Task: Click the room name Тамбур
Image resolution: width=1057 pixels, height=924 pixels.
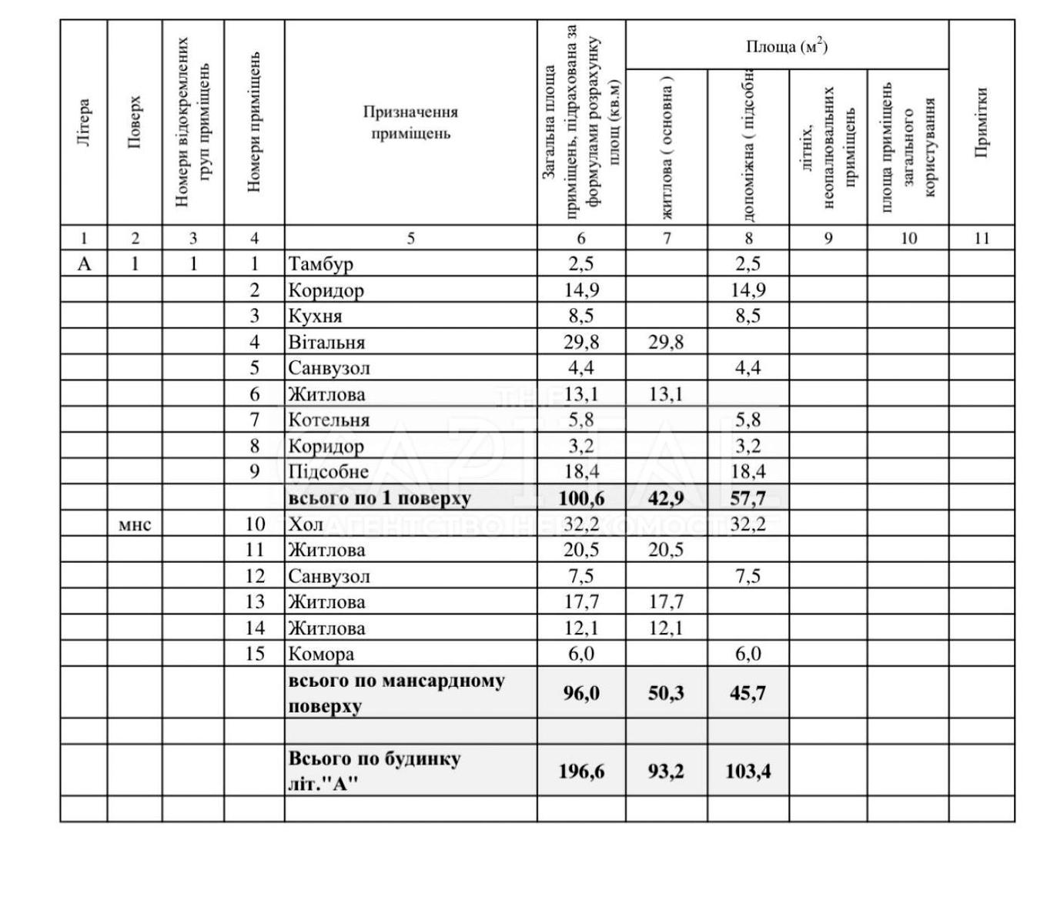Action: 320,264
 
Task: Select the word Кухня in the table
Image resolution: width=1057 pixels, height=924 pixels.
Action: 315,316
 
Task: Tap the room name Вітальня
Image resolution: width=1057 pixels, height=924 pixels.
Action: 326,343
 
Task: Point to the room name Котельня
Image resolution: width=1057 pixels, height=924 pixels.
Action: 329,420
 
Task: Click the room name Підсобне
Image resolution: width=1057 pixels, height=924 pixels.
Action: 328,472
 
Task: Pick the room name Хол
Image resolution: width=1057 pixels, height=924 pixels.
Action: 306,524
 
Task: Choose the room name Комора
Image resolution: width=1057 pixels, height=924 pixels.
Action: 321,654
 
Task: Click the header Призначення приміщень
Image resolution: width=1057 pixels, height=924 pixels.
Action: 410,122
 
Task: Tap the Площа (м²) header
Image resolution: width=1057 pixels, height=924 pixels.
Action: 786,46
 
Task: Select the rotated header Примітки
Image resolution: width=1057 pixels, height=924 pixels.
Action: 981,122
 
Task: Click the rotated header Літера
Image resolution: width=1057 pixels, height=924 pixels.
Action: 84,122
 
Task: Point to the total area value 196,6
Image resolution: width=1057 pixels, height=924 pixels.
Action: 581,771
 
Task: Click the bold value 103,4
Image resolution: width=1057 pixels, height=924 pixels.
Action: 748,771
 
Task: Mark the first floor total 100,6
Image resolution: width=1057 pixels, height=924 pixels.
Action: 581,498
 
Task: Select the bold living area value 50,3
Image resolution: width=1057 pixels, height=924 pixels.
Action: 666,693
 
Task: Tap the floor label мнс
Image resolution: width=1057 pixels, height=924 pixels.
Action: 135,525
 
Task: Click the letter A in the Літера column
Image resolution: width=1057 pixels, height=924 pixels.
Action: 84,264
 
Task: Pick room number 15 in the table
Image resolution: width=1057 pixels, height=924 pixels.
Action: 254,654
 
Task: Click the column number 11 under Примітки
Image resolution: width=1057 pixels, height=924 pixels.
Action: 981,239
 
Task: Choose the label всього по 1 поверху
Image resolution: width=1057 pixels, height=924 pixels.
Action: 379,498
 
